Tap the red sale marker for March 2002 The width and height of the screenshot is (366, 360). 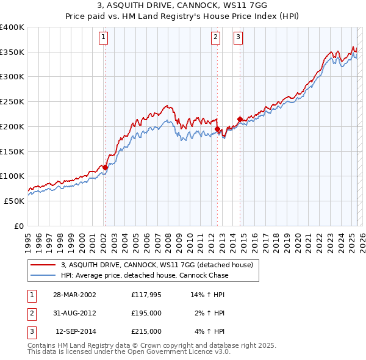point(105,167)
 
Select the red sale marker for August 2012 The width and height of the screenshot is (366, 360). point(217,129)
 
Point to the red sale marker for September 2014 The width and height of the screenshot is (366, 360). point(240,119)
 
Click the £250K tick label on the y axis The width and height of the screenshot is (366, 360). point(12,101)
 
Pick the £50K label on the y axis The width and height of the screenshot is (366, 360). point(15,201)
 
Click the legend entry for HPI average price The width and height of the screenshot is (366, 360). point(144,275)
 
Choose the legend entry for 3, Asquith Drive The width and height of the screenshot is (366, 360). point(160,265)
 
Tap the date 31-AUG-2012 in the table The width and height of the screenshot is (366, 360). point(76,314)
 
